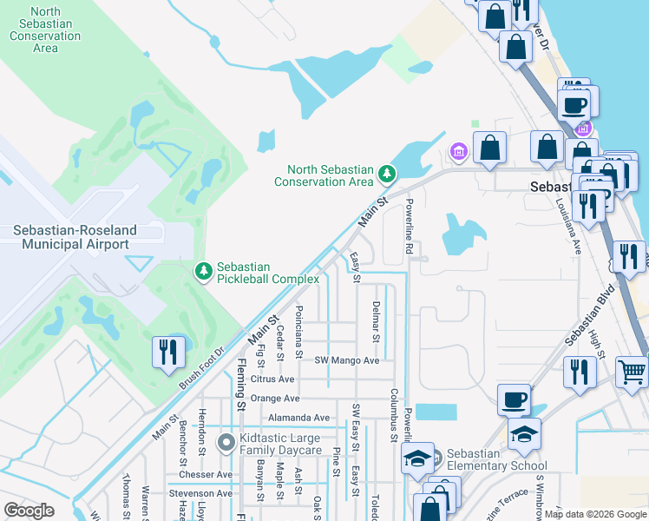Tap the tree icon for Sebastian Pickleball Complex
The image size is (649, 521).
click(x=204, y=273)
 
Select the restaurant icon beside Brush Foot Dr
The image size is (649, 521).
click(x=167, y=352)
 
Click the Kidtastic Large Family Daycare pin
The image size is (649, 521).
click(x=226, y=444)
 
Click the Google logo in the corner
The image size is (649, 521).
click(x=29, y=510)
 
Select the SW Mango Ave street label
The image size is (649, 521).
click(x=347, y=360)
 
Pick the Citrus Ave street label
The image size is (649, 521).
click(x=272, y=379)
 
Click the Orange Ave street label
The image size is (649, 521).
click(x=274, y=399)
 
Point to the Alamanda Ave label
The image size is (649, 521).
click(x=298, y=418)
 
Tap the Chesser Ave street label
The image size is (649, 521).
click(x=206, y=475)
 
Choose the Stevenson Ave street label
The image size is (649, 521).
click(x=200, y=494)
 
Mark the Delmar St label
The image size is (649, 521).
click(x=376, y=320)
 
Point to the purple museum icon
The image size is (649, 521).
click(x=458, y=154)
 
